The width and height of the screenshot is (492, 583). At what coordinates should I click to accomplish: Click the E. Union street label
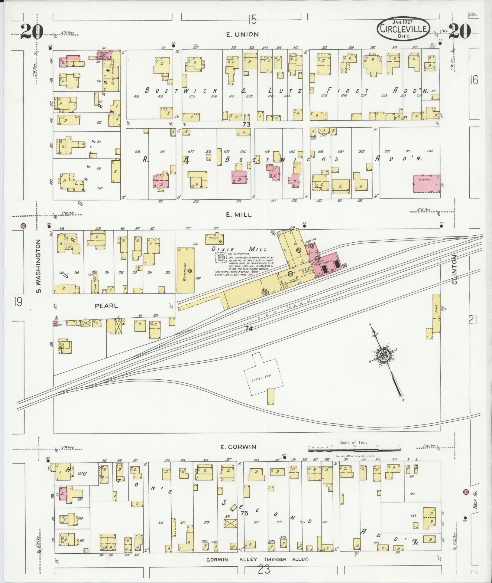243,34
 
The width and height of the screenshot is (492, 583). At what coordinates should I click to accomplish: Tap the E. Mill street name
239,215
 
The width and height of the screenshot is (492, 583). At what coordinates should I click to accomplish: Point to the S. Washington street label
38,266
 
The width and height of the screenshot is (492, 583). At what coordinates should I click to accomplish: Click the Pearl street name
106,306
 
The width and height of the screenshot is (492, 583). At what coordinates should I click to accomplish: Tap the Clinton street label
455,269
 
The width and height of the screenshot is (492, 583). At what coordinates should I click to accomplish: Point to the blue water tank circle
221,258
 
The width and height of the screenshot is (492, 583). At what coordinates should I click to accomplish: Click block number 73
246,124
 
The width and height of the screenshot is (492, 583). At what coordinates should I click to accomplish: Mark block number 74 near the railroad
249,328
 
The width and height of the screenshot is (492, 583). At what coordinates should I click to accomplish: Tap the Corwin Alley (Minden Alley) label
258,559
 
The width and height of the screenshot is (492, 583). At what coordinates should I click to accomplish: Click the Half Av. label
475,504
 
